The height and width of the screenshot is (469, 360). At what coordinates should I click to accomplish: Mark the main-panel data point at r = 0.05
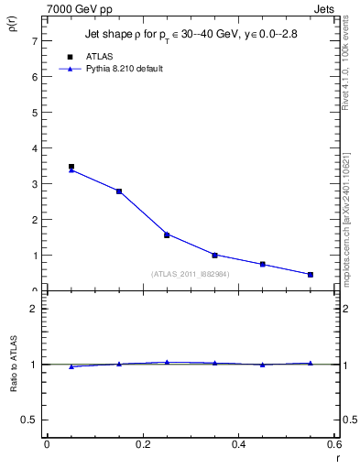tap(71, 168)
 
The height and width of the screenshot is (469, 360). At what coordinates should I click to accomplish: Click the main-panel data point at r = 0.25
tap(167, 234)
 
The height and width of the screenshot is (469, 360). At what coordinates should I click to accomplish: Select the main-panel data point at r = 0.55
tap(311, 275)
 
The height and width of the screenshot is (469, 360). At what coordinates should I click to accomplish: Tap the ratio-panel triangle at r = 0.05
tap(71, 366)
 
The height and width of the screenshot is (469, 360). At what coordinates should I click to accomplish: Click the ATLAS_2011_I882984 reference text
tap(191, 273)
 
